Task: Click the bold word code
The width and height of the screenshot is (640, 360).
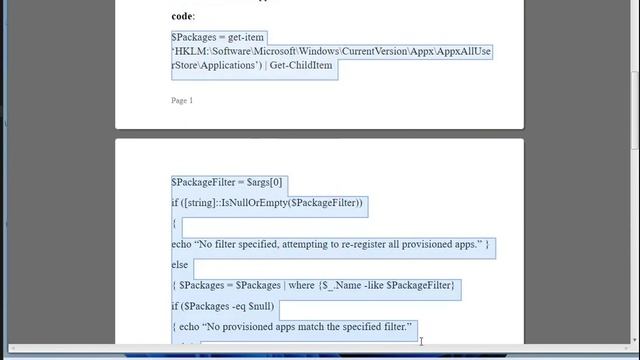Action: point(182,16)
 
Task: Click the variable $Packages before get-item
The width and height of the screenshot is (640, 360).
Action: point(192,38)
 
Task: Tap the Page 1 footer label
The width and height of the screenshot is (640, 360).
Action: point(182,100)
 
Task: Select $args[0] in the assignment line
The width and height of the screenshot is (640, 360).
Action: point(265,183)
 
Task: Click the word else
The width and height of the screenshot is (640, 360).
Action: point(180,265)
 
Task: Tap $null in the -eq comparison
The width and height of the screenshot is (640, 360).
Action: point(256,306)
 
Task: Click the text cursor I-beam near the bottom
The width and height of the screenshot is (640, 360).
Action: point(421,341)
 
